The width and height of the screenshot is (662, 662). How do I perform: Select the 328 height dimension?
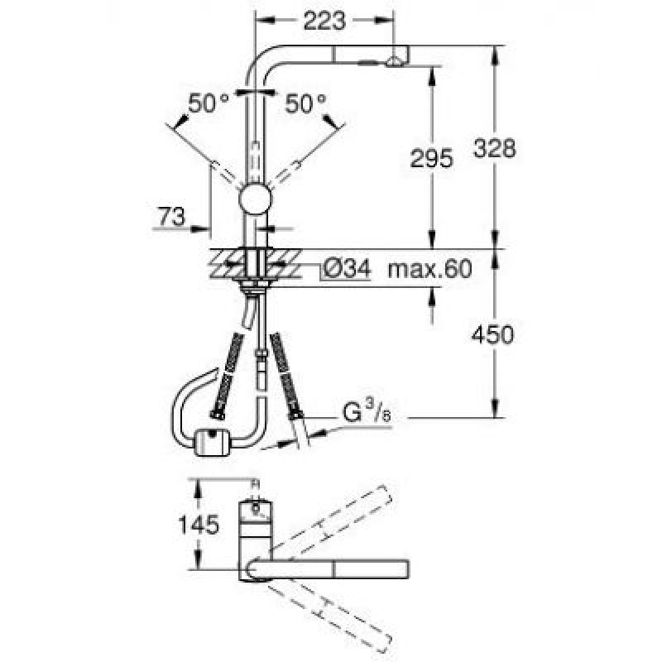pos(495,148)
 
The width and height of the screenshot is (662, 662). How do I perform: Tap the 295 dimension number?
pos(430,159)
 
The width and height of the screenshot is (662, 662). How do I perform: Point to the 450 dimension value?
pos(495,334)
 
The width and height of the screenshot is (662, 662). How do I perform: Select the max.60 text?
pos(429,269)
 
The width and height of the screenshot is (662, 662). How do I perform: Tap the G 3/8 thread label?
pos(366,411)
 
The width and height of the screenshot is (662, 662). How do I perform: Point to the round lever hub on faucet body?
pos(254,201)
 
